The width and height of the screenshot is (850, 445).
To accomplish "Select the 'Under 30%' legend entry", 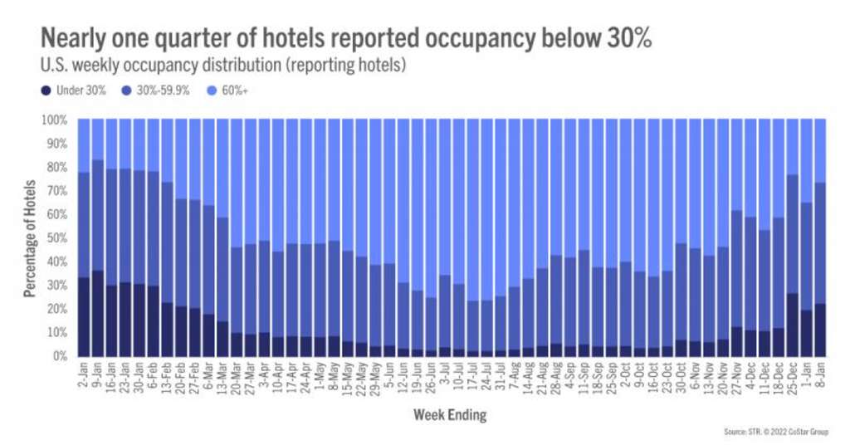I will coord(76,90).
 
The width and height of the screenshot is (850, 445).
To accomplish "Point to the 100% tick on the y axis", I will coord(57,120).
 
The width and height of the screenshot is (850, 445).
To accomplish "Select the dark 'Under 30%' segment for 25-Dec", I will coord(793,325).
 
